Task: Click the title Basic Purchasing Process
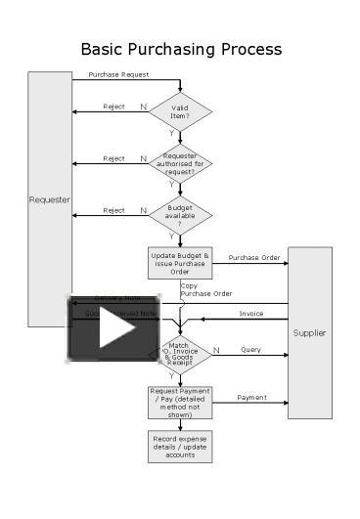click(x=181, y=49)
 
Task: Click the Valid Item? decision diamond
click(x=180, y=112)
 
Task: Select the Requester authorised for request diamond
click(x=180, y=162)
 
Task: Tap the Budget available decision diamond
click(x=180, y=214)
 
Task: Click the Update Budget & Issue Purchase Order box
click(x=180, y=262)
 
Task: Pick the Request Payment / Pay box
click(x=180, y=402)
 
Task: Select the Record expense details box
click(x=180, y=445)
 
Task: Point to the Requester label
click(x=49, y=199)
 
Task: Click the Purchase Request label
click(x=118, y=74)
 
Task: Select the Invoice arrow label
click(x=251, y=313)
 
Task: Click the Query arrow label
click(x=251, y=349)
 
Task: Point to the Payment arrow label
click(x=251, y=397)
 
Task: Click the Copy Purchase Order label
click(x=206, y=289)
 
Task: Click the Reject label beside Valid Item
click(x=113, y=107)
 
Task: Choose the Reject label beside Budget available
click(x=113, y=209)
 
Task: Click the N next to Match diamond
click(x=216, y=349)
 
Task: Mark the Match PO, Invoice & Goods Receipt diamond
click(x=180, y=354)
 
